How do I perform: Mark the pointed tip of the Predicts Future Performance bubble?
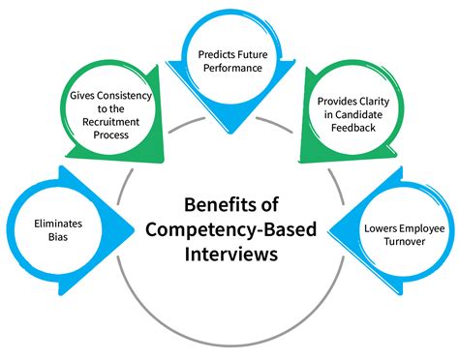click(230, 134)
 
